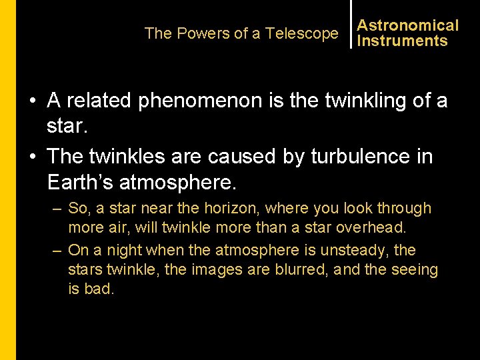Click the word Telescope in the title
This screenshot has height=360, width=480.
click(x=302, y=33)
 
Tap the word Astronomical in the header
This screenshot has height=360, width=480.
click(x=408, y=25)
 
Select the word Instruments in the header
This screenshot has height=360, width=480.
click(x=402, y=41)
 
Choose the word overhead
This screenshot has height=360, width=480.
click(x=371, y=227)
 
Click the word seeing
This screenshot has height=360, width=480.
click(x=415, y=270)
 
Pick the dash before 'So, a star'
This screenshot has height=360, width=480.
click(x=57, y=209)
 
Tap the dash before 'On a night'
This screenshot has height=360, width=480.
click(x=57, y=251)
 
